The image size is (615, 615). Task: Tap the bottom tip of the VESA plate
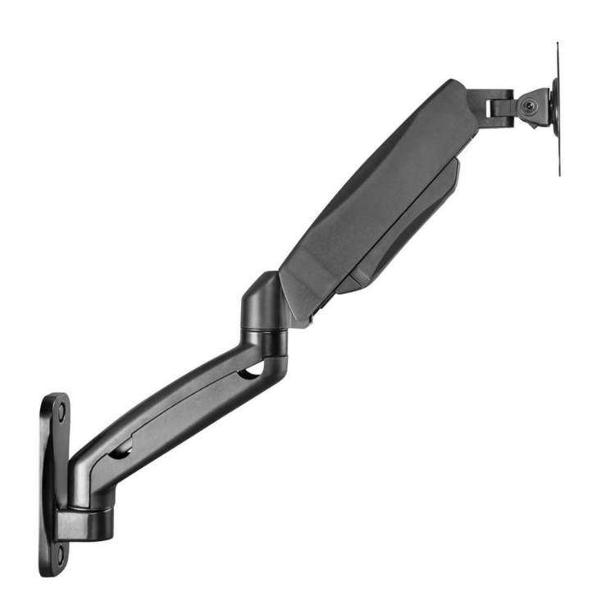click(x=559, y=173)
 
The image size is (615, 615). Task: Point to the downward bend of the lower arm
click(x=86, y=476)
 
